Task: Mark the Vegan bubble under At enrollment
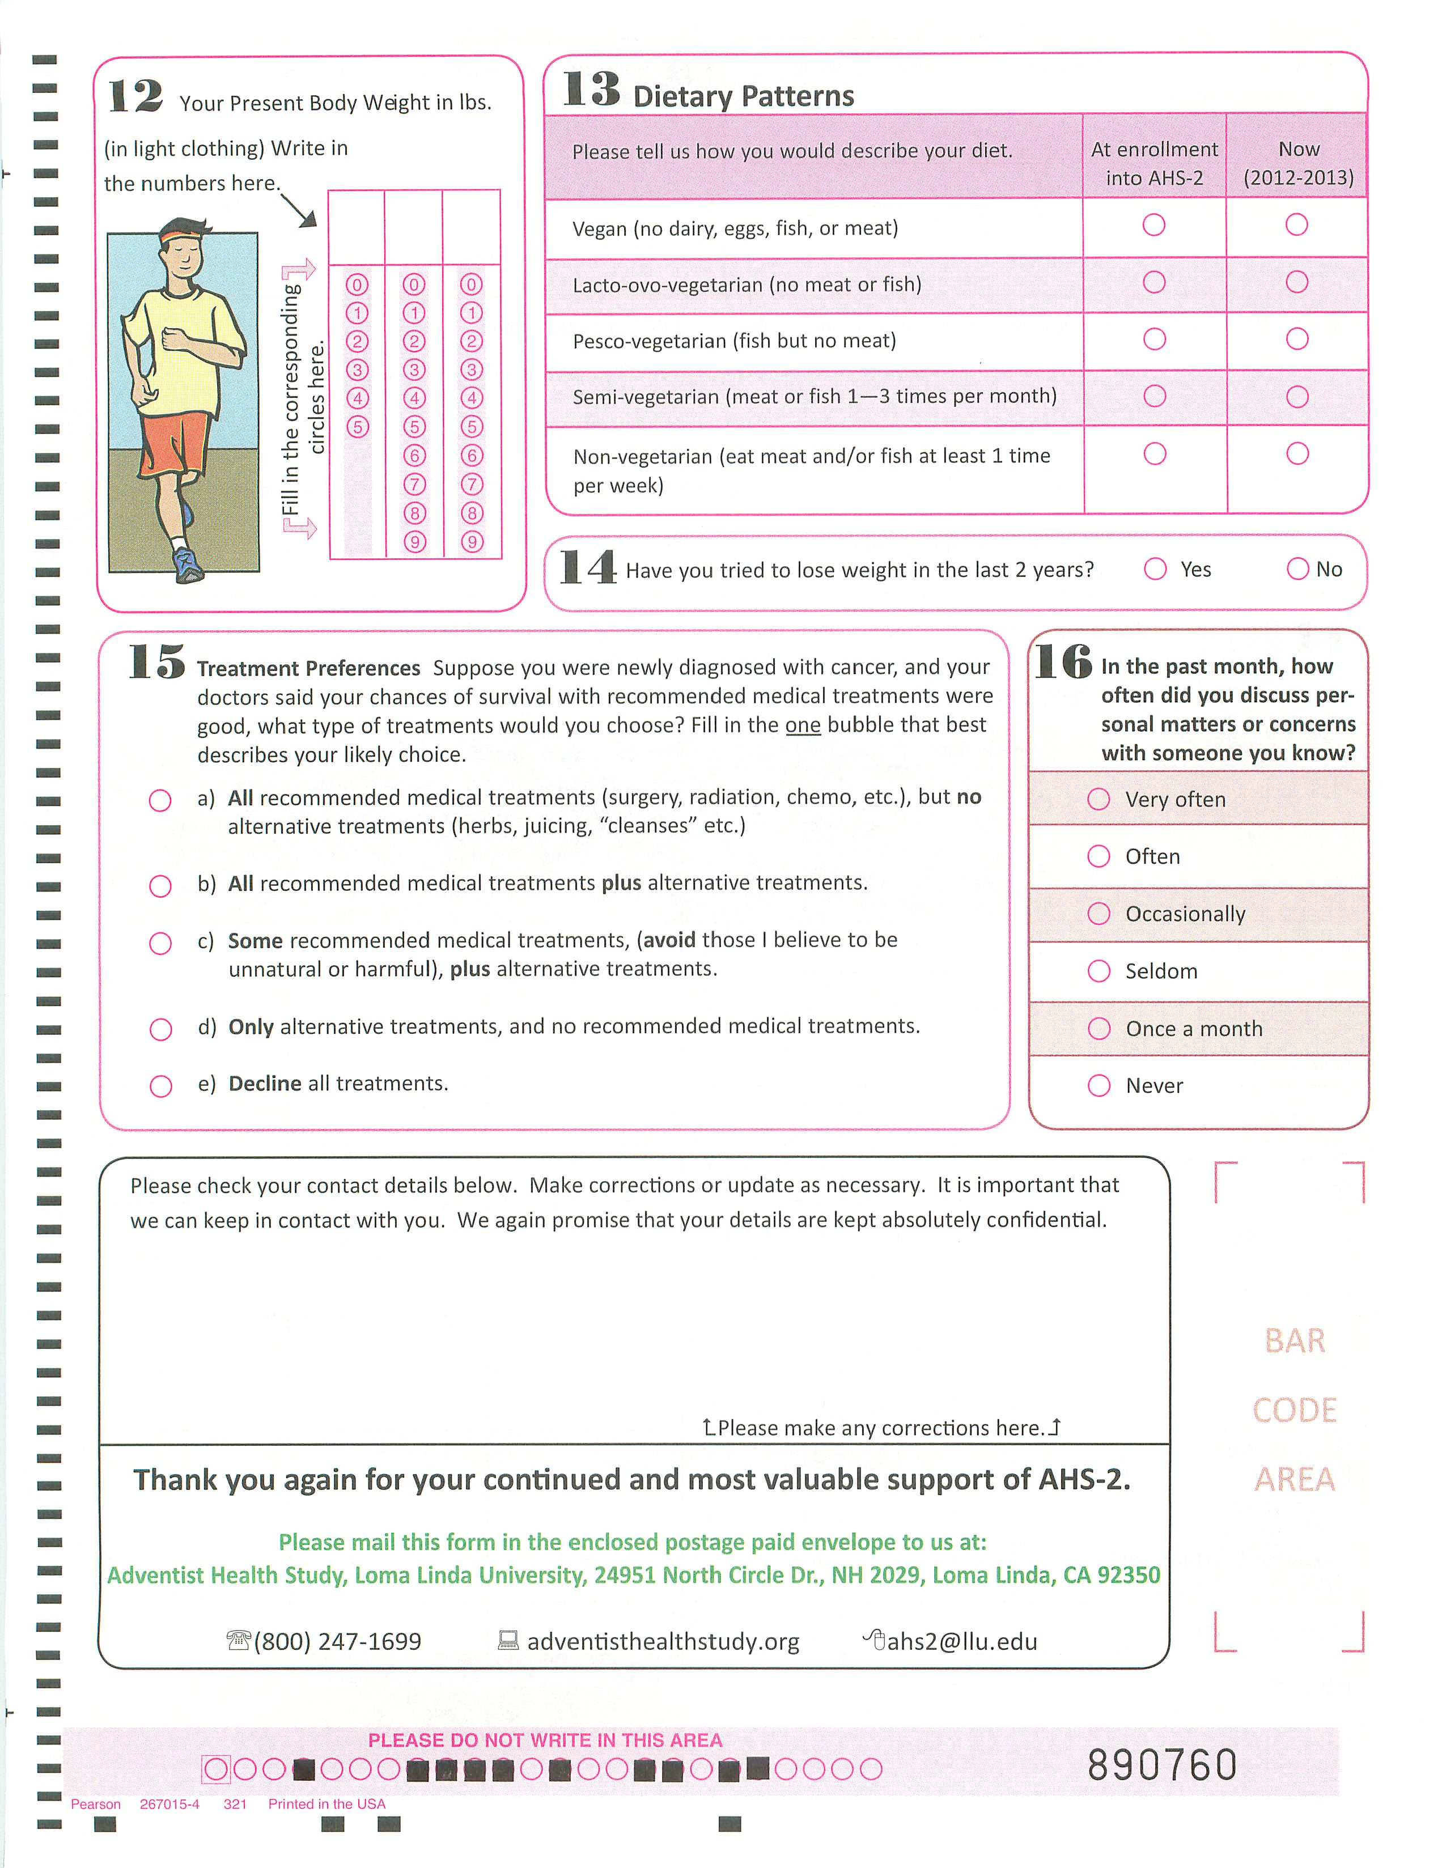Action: [1154, 225]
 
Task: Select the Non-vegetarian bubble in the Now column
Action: [1297, 453]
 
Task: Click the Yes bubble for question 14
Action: [1156, 569]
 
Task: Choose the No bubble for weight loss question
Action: [1297, 569]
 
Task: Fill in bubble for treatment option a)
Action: [160, 801]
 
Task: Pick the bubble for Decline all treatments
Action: [161, 1086]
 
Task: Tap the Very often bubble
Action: [1098, 799]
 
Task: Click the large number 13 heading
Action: [591, 90]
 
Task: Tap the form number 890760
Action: [1161, 1765]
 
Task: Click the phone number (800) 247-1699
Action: [337, 1641]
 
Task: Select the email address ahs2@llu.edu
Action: [961, 1641]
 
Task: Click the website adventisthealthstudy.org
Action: [663, 1641]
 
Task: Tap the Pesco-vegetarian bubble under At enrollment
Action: [1155, 339]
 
